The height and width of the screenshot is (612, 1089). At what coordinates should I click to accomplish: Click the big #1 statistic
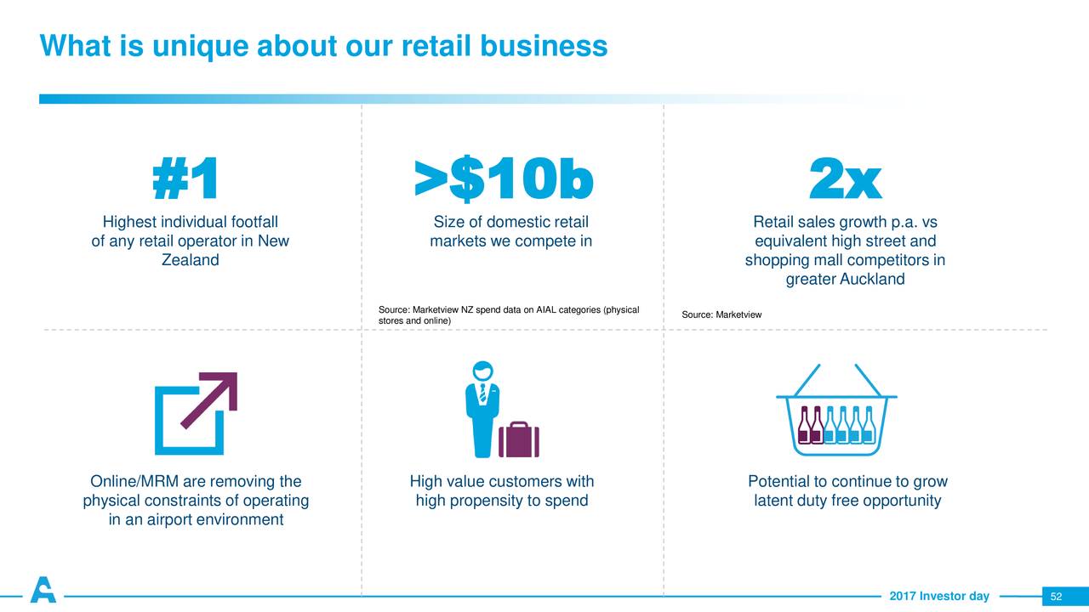[x=185, y=178]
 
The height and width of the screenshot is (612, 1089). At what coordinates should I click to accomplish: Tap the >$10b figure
[x=504, y=178]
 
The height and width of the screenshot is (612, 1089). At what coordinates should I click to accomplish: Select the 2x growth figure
[x=845, y=178]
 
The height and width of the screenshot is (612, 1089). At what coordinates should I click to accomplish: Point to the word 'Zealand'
[x=190, y=260]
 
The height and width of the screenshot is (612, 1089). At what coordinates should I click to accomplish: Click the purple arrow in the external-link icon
[x=210, y=399]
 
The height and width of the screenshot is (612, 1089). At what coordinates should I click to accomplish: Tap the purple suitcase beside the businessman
[x=519, y=439]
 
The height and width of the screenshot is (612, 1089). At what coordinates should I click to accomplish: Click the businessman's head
[x=482, y=370]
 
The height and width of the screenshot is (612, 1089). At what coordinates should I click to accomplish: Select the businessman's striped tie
[x=482, y=393]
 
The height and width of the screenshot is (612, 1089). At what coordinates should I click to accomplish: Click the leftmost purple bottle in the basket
[x=804, y=425]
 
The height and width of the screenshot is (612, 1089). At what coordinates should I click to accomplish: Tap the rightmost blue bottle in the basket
[x=869, y=425]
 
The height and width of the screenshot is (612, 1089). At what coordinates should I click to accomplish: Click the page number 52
[x=1056, y=597]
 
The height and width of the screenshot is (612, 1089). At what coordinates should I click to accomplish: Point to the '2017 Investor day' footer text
[x=939, y=596]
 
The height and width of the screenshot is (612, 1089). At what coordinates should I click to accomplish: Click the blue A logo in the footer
[x=43, y=590]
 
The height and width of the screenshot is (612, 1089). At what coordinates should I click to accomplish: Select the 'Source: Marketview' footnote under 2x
[x=721, y=314]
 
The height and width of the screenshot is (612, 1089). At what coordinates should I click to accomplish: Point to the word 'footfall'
[x=254, y=222]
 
